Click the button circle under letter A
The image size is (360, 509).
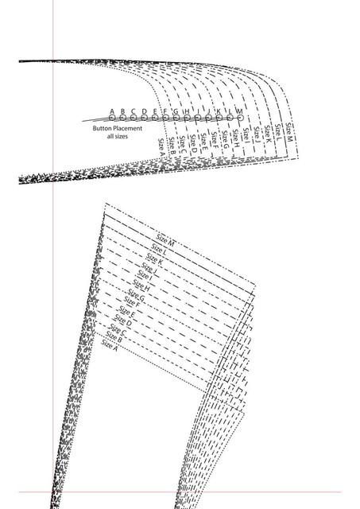[x=112, y=118]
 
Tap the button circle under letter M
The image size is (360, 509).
[x=240, y=118]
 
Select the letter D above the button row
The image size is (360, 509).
[x=145, y=111]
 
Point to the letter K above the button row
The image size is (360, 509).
[x=219, y=111]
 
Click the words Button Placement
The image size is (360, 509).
[x=118, y=128]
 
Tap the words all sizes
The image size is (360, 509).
[x=118, y=136]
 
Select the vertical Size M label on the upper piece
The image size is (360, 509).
[x=288, y=132]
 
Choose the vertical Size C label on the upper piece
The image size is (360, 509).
[x=183, y=145]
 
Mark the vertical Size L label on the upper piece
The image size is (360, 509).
[x=278, y=133]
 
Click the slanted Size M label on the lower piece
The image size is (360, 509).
[x=165, y=239]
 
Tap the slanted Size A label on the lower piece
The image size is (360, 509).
[x=109, y=345]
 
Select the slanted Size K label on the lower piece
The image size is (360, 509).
[x=154, y=259]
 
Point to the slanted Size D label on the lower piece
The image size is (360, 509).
[x=123, y=321]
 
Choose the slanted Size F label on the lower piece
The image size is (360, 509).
[x=132, y=302]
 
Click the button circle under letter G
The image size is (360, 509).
[x=176, y=118]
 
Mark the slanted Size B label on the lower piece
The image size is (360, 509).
[x=114, y=337]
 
